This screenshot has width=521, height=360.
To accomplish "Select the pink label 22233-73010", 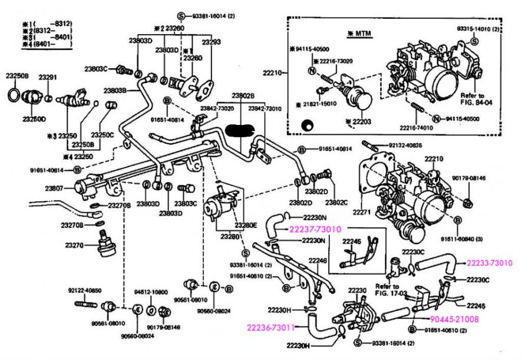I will (489, 263).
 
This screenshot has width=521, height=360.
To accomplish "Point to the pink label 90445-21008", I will (454, 319).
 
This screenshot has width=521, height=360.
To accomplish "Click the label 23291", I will (48, 78).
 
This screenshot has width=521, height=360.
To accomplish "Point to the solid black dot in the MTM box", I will (306, 125).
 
